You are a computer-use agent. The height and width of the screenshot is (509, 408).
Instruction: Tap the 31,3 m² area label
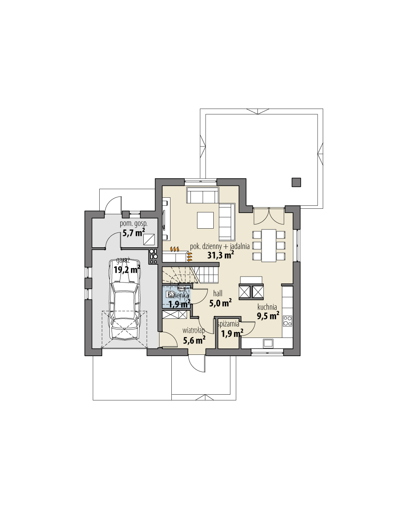coord(221,255)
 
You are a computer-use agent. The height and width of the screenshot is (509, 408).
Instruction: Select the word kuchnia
coord(267,307)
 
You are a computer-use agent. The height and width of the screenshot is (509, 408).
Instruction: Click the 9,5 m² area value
coord(268,315)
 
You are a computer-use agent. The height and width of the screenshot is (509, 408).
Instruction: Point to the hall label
coord(218,293)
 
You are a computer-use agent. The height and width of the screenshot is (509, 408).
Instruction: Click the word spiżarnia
coord(229,324)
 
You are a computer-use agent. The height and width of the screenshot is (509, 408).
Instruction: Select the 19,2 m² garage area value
coord(127,269)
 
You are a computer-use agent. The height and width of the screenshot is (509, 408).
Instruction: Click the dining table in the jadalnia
coord(268,245)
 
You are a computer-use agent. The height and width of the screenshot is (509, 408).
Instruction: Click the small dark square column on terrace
coord(296,182)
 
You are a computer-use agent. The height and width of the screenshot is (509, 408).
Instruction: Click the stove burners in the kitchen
coord(288,321)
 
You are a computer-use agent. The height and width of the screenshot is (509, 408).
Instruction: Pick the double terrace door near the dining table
coord(269,216)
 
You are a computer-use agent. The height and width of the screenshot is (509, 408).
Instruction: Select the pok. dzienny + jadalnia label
coord(220,246)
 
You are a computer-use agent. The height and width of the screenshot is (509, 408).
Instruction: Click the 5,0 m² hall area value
coord(221,302)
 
